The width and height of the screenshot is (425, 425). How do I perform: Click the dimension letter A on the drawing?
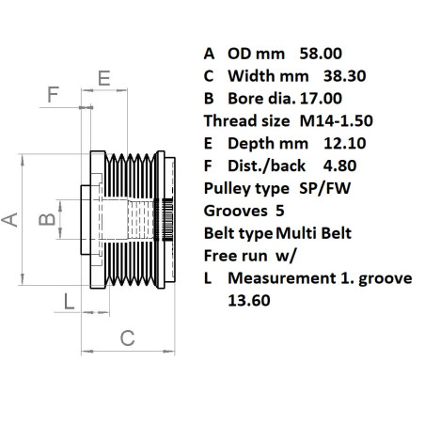10,219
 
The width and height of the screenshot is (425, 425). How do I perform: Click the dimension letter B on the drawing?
42,221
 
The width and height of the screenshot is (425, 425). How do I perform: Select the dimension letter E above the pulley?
104,77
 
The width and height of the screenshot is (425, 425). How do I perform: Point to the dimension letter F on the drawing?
54,94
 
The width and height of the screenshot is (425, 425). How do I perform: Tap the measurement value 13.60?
248,301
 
